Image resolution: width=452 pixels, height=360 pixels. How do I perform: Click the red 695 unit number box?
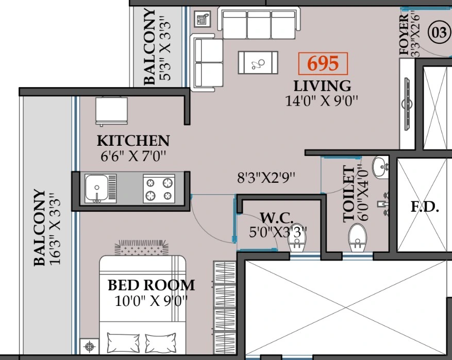(x=323, y=63)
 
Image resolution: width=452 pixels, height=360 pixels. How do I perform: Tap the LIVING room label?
(x=322, y=86)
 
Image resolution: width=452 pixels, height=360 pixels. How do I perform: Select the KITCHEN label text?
(x=133, y=141)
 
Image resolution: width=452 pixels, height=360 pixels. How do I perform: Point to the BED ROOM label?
(x=152, y=285)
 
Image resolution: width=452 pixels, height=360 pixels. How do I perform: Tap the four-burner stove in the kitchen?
(x=159, y=188)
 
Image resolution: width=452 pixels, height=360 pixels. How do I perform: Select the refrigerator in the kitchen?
(x=111, y=111)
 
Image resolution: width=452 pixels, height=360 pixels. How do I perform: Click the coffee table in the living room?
(x=258, y=62)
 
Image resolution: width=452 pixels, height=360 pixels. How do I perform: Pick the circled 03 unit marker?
(x=439, y=32)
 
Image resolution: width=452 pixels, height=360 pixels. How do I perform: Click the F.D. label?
(x=425, y=207)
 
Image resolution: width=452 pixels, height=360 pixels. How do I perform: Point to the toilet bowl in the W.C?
(x=297, y=239)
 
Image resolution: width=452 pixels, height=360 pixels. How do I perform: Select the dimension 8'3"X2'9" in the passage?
(x=266, y=177)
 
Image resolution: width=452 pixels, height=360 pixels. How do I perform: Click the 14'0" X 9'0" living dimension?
(x=322, y=101)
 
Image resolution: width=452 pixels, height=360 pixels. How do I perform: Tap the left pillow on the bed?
(x=123, y=342)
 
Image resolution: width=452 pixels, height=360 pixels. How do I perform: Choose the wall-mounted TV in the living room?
(x=408, y=104)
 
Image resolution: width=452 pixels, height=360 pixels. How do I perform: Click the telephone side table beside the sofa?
(x=202, y=19)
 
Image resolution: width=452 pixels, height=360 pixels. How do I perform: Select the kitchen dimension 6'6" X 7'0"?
(x=133, y=157)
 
